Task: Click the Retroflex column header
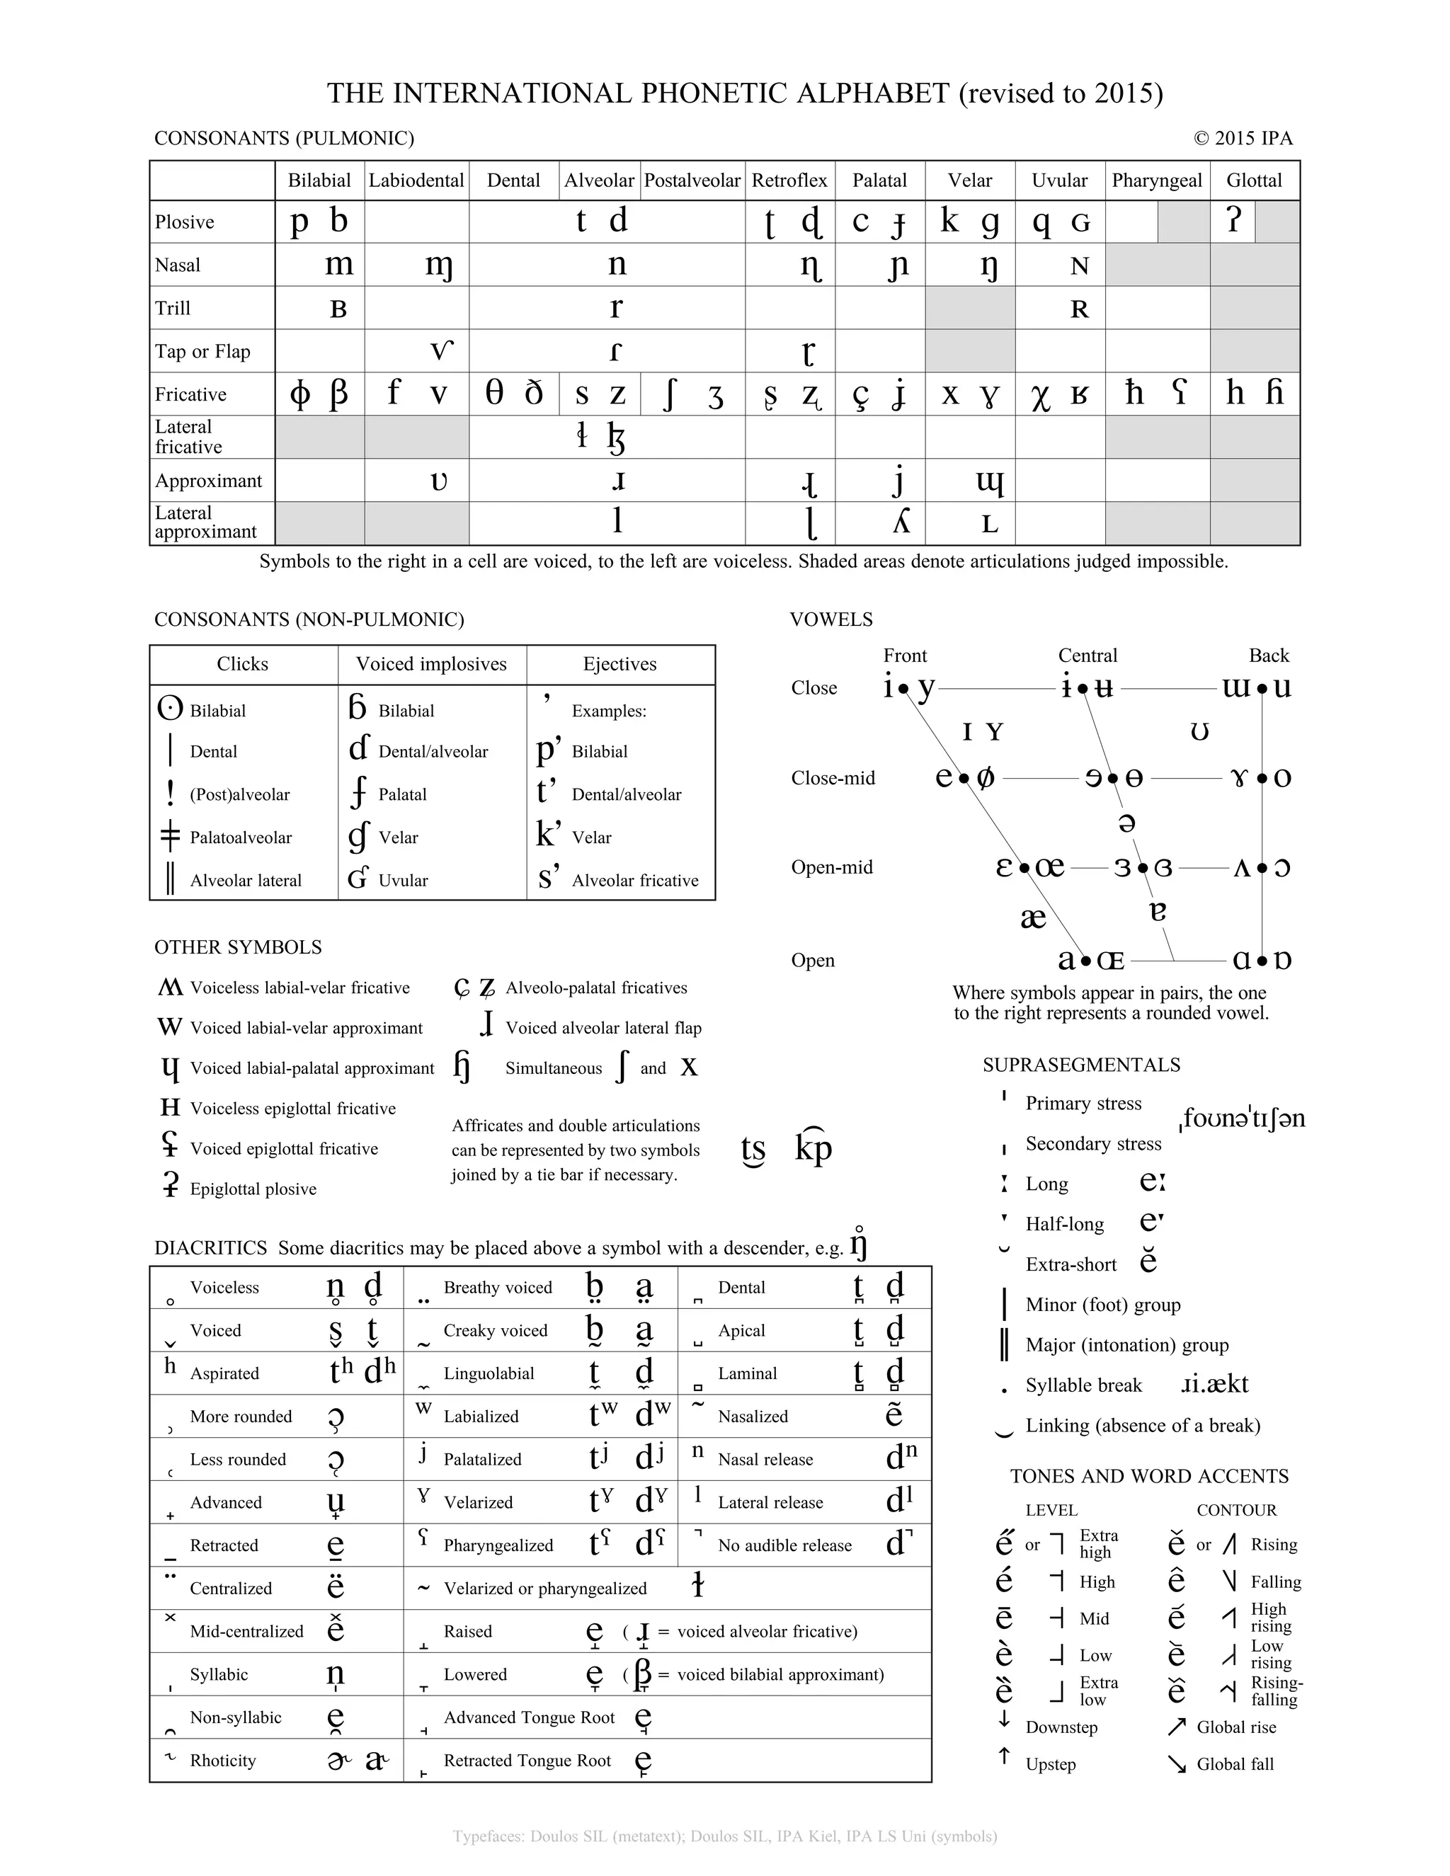click(x=789, y=181)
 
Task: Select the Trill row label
click(x=173, y=309)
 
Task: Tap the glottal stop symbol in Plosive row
click(x=1233, y=222)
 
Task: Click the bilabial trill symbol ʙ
click(x=338, y=309)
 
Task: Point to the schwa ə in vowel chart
click(x=1127, y=823)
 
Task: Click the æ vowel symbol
click(x=1032, y=917)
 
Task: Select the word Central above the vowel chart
click(x=1087, y=656)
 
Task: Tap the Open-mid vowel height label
click(x=831, y=868)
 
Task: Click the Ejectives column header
click(x=620, y=664)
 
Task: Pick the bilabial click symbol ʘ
click(x=170, y=709)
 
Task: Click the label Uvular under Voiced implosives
click(x=403, y=881)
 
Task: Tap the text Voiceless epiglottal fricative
click(x=293, y=1109)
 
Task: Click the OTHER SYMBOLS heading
click(x=238, y=947)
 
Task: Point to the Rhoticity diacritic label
click(x=222, y=1761)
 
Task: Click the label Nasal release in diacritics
click(x=765, y=1460)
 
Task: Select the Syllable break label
click(x=1083, y=1385)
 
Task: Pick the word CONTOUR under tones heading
click(x=1236, y=1510)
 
